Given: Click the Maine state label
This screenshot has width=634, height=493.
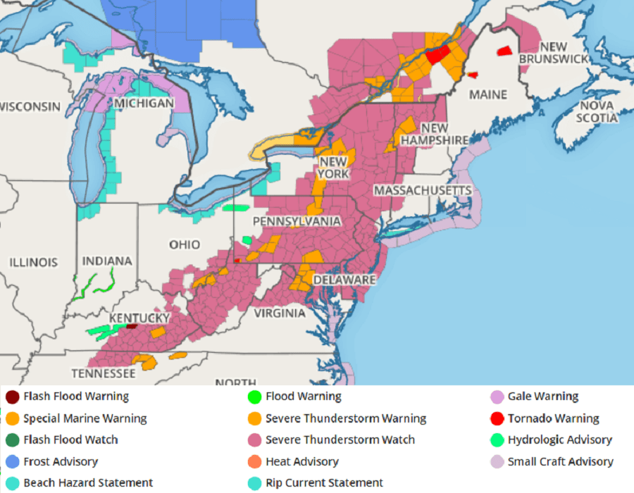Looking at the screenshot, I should tap(488, 94).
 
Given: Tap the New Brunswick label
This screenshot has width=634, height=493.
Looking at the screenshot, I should tap(553, 53).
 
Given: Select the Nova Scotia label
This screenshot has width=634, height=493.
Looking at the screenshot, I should tap(596, 111).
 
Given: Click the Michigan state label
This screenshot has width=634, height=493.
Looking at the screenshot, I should tap(144, 104).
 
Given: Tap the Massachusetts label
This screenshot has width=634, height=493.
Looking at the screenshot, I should tap(423, 191).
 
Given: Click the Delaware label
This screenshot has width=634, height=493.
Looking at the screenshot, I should tap(344, 280).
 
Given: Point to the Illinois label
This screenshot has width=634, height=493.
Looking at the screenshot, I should tap(33, 262).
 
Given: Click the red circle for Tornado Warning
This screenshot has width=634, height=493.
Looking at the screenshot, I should tap(497, 418).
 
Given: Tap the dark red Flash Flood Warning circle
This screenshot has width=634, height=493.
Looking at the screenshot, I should tap(12, 397).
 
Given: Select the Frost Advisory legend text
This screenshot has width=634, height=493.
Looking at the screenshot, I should tap(61, 462).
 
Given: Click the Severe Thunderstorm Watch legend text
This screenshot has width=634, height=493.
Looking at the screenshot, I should tap(340, 440).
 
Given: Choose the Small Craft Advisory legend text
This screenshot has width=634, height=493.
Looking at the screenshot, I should tap(560, 462).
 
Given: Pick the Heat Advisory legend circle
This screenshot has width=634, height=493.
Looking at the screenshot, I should tap(254, 462).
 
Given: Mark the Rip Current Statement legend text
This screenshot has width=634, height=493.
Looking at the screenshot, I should tap(324, 483).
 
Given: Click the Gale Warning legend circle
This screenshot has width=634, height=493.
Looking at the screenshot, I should tap(497, 397).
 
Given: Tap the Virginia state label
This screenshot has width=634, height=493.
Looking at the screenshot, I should tap(281, 313).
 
